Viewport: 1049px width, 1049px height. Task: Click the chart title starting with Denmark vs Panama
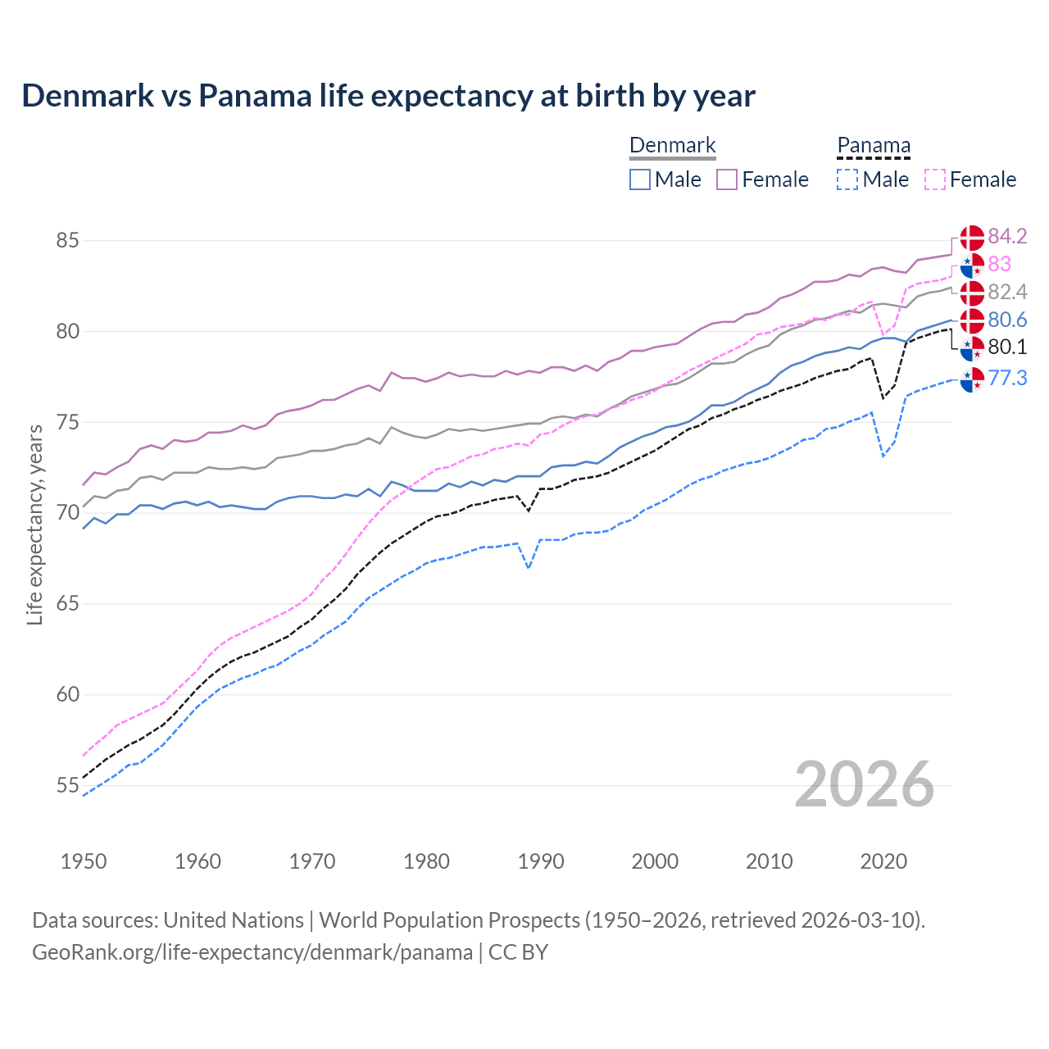[388, 96]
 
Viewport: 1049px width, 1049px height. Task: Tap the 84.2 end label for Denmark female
[1007, 236]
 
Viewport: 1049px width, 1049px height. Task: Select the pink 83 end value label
[999, 264]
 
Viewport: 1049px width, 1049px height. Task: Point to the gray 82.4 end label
[1007, 292]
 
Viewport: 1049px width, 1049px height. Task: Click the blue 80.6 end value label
[1007, 320]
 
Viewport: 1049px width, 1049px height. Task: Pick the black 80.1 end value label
[1007, 347]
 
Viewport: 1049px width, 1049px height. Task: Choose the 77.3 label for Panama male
[1007, 378]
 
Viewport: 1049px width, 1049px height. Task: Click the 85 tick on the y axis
[67, 241]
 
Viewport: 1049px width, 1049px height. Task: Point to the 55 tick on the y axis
[67, 785]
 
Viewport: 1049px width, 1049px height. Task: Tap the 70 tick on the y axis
[67, 513]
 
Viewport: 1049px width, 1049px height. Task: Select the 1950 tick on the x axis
[84, 861]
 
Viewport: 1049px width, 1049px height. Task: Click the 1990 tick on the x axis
[541, 861]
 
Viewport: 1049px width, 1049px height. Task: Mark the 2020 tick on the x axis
[883, 861]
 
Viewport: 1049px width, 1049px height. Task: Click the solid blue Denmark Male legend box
[640, 179]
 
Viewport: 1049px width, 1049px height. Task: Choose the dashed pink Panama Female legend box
[935, 179]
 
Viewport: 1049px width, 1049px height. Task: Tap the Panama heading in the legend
[874, 146]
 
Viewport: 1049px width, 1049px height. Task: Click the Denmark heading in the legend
[673, 146]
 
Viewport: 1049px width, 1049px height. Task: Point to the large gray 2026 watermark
[865, 784]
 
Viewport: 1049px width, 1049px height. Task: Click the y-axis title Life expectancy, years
[34, 524]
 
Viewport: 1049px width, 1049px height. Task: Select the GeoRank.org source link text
[252, 952]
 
